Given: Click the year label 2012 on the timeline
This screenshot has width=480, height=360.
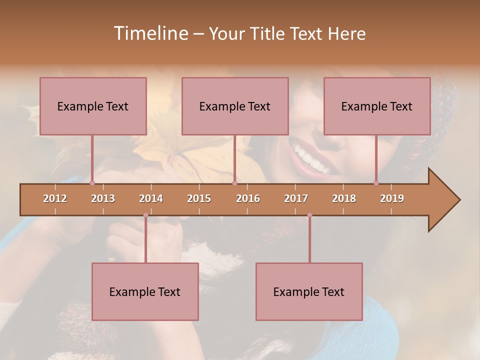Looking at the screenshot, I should click(x=55, y=198).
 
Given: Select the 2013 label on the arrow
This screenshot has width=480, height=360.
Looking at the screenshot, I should click(x=103, y=198).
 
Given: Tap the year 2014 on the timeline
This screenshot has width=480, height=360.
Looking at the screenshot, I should click(x=151, y=198).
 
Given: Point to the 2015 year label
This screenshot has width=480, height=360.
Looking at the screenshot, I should click(x=199, y=198).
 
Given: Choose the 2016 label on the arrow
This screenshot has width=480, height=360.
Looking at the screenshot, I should click(x=248, y=198).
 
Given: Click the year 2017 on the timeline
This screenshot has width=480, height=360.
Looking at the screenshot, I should click(x=296, y=198).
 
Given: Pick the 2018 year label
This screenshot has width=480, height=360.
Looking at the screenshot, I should click(x=344, y=198).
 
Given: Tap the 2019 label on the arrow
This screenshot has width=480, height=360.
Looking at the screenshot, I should click(x=392, y=198).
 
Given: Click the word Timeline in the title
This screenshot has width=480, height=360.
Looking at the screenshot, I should click(x=150, y=33).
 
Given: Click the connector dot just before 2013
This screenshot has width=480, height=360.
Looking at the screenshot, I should click(x=92, y=183).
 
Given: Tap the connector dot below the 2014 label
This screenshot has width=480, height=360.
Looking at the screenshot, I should click(x=145, y=215).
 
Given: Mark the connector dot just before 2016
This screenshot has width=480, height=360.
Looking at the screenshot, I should click(x=234, y=183).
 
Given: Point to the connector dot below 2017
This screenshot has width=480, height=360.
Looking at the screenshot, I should click(x=309, y=215).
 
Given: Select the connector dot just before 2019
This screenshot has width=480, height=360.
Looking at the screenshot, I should click(x=376, y=183).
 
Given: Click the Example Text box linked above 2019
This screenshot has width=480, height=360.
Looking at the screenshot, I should click(x=377, y=106).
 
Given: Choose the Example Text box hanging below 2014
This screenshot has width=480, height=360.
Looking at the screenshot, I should click(x=145, y=291).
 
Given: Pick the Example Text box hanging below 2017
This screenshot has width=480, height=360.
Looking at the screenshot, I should click(x=309, y=291).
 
